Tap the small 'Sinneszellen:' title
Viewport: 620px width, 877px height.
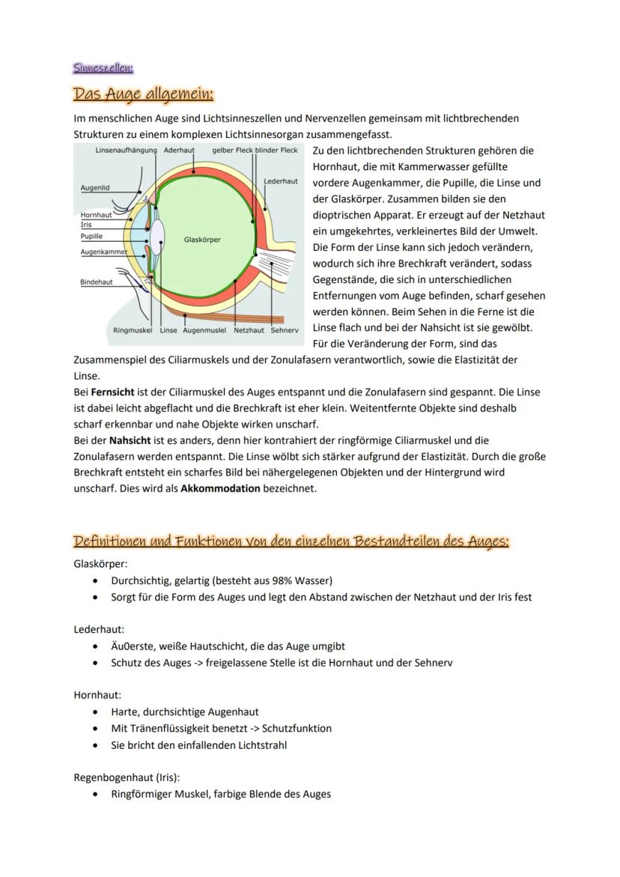click(103, 68)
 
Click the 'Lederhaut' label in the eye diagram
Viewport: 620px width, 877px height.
click(281, 181)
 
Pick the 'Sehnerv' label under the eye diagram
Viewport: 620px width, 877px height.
click(285, 330)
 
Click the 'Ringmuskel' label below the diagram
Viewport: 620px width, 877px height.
click(132, 330)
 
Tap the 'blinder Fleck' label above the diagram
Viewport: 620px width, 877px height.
click(276, 151)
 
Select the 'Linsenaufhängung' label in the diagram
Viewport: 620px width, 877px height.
click(127, 151)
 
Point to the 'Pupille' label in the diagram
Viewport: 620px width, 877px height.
click(91, 236)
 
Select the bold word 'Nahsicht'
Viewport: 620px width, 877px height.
click(130, 440)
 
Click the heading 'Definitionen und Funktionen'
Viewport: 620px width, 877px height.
click(291, 541)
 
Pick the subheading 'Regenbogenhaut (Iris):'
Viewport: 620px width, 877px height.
click(127, 777)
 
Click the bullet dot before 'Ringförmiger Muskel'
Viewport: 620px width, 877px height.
click(94, 794)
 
